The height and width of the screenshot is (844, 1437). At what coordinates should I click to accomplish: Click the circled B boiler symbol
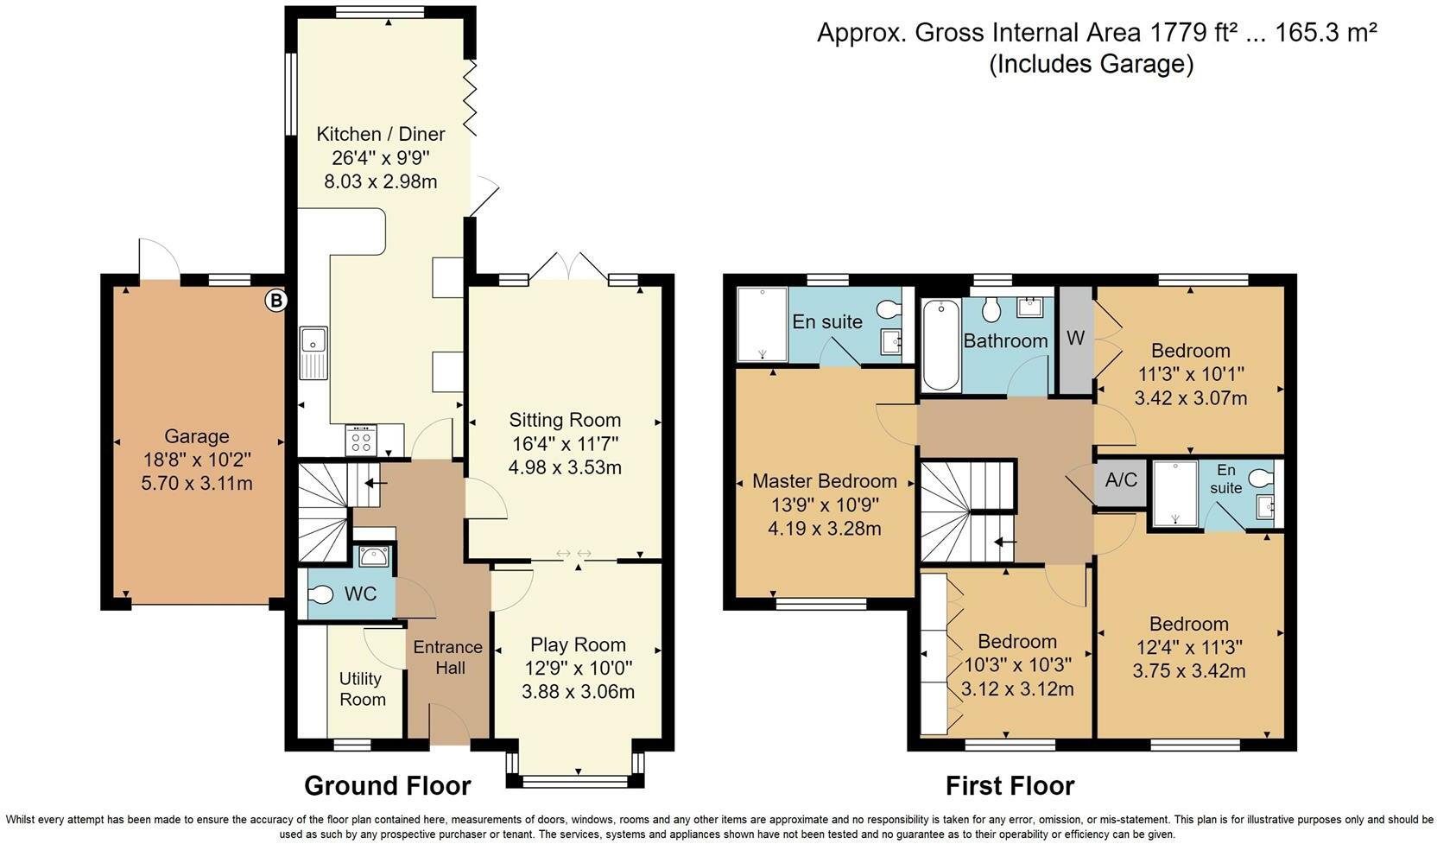275,301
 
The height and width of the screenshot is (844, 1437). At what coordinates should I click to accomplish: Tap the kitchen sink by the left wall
313,352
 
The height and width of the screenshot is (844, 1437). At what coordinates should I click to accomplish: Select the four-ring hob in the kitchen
362,441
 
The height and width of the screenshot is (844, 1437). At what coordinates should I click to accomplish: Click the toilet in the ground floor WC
321,595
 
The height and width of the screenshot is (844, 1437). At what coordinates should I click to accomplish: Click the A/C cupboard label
1121,479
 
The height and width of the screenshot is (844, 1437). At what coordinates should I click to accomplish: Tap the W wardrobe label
1074,339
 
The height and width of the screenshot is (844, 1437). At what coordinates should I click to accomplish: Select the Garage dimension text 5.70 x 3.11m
197,483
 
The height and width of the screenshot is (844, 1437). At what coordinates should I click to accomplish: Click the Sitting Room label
565,420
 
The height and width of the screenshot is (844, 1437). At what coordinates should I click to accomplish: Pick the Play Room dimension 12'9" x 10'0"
578,668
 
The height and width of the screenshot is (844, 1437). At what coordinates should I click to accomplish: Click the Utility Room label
362,689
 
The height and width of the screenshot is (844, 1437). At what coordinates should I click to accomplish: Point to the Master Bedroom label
824,481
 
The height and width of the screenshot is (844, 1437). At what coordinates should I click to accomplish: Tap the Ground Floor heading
388,785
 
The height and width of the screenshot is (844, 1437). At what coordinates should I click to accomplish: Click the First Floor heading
1010,785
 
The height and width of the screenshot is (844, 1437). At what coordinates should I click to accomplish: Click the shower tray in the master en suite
762,324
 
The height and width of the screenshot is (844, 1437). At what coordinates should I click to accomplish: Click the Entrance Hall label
447,657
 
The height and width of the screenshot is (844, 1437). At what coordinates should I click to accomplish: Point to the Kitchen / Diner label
381,134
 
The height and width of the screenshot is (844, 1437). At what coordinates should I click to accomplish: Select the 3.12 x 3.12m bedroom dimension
1017,689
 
